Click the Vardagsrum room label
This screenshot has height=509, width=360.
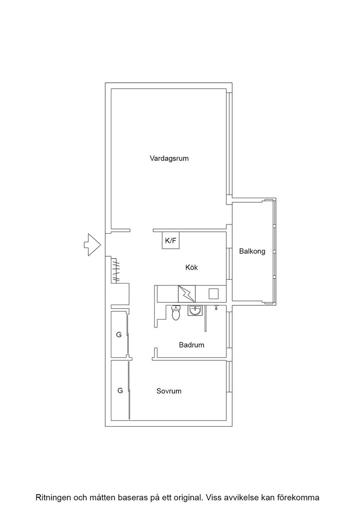[169, 159]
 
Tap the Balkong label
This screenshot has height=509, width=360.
[252, 251]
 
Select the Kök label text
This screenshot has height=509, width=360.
[191, 268]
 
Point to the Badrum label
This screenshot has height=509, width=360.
[191, 345]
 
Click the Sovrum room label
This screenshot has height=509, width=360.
[169, 391]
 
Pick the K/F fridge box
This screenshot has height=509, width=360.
[171, 240]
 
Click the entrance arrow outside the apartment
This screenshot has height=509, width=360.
[92, 245]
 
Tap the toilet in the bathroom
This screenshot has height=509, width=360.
[175, 313]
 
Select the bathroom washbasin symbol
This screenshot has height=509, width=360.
[195, 310]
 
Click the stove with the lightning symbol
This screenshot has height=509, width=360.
[187, 294]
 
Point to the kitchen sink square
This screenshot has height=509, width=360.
[214, 294]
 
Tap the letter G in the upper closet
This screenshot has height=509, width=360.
[119, 334]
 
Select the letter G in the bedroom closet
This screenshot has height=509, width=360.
[120, 390]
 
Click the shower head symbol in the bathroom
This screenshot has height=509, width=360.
[216, 307]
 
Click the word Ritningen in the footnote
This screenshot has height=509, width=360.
[53, 497]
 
